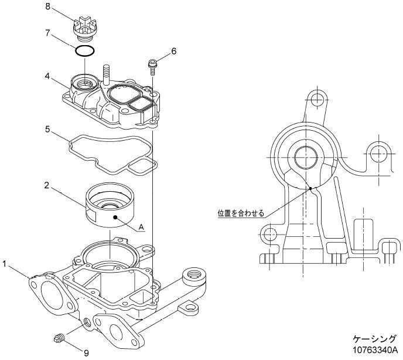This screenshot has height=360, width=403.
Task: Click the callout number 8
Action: pyautogui.click(x=49, y=6)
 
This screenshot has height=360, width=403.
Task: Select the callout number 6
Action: pyautogui.click(x=173, y=52)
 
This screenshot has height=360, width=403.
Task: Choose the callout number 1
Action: pyautogui.click(x=5, y=265)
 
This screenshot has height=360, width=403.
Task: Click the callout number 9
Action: pyautogui.click(x=86, y=352)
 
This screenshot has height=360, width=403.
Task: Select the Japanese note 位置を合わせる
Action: pyautogui.click(x=237, y=213)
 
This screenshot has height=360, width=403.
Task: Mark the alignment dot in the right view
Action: pyautogui.click(x=310, y=188)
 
